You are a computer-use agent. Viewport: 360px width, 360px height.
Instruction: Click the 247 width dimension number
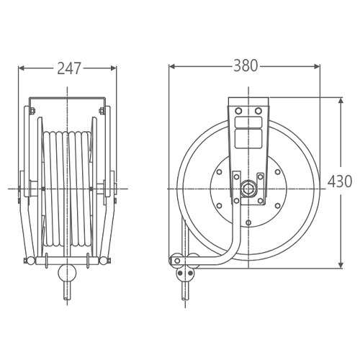[68, 68]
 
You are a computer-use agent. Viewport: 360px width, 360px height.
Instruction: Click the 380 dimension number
[246, 66]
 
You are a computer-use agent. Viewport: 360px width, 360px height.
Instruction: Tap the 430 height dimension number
[340, 181]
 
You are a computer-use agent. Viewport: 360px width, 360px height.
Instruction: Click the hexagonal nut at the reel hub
[248, 189]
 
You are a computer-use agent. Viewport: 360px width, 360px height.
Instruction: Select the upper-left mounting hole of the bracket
[238, 111]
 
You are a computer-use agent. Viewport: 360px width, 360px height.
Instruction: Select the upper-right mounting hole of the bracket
[258, 111]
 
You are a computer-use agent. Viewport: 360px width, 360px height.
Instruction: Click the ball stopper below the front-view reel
[67, 273]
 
